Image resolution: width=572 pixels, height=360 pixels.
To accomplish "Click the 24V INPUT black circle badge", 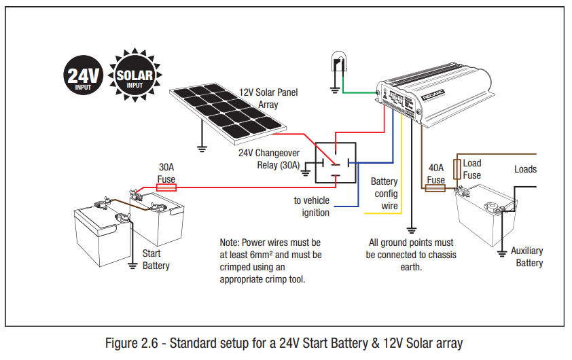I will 84,76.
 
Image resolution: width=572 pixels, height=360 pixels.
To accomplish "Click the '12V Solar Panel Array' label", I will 268,98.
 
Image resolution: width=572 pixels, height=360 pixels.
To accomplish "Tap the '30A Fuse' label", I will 166,173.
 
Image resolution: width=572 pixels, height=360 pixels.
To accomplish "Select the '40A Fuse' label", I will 435,174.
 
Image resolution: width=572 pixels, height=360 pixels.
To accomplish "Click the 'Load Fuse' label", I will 472,169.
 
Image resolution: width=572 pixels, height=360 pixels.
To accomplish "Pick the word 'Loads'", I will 525,169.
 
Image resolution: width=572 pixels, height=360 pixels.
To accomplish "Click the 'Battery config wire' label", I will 384,194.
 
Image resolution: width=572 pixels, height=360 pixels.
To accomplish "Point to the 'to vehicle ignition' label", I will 311,206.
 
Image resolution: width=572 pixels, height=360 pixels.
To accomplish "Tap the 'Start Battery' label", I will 156,259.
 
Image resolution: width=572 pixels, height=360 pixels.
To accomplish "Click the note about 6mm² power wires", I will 270,261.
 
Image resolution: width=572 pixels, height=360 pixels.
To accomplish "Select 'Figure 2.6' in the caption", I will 143,343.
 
